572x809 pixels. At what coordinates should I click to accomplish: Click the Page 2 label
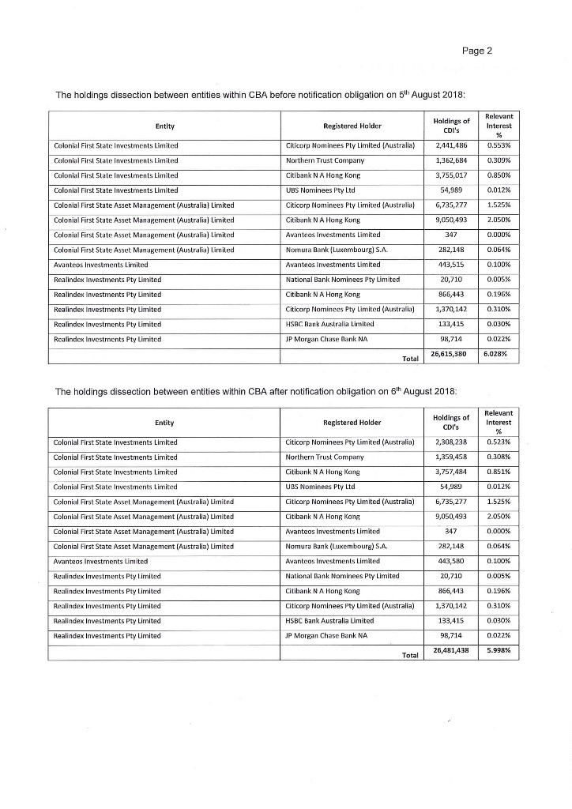tap(478, 51)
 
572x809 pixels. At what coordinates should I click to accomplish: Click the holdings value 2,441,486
tap(452, 146)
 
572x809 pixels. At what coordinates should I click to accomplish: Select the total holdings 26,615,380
tap(452, 356)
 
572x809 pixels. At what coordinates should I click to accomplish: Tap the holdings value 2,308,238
tap(452, 442)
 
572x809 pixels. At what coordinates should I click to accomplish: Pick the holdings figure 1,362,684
tap(452, 160)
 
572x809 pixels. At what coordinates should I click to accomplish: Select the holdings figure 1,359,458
tap(452, 457)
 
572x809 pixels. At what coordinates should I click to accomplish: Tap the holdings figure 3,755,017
tap(452, 175)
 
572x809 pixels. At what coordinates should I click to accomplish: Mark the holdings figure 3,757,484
tap(452, 472)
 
